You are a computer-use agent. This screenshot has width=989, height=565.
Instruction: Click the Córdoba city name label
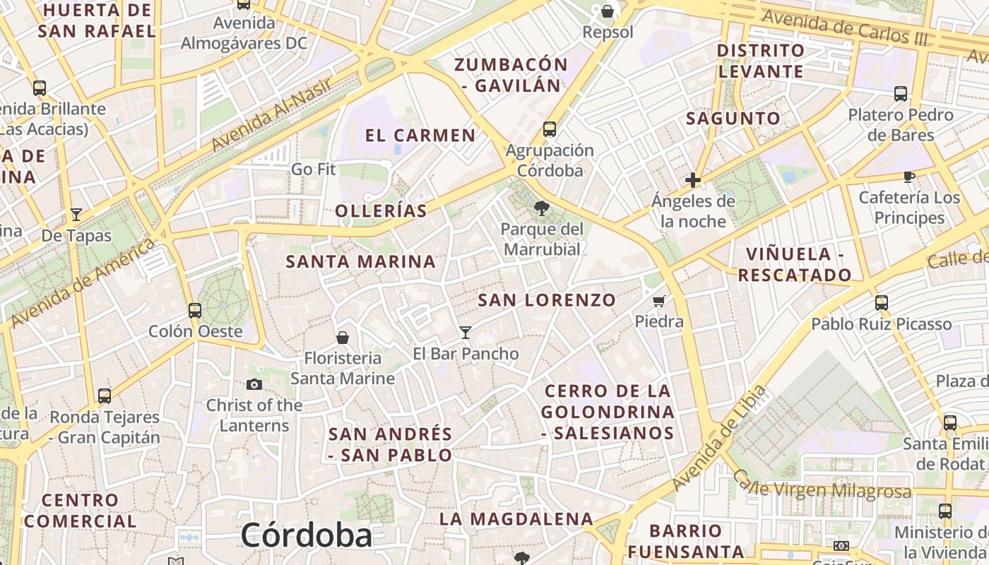tap(306, 535)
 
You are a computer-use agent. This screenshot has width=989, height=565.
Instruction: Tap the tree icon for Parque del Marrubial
tap(542, 208)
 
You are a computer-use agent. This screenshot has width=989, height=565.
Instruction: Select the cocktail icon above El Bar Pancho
tap(465, 332)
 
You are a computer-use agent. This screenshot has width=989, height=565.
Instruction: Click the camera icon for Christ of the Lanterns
tap(254, 384)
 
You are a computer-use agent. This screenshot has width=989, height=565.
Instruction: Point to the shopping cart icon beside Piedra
tap(659, 301)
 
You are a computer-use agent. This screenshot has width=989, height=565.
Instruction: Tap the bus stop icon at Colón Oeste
tap(194, 310)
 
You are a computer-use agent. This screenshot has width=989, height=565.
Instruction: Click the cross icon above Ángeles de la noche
tap(693, 180)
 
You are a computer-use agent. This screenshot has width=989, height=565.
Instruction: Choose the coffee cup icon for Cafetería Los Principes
tap(909, 177)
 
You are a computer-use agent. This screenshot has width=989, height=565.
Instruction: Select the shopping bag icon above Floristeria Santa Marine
tap(343, 338)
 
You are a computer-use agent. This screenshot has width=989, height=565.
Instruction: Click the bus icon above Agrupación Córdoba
tap(549, 129)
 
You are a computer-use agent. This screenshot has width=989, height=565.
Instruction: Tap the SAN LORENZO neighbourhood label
tap(547, 300)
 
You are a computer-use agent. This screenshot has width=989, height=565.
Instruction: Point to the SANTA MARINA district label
tap(360, 261)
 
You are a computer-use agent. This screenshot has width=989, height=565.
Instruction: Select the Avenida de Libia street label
tap(719, 439)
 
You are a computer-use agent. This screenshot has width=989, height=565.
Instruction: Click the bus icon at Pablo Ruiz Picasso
tap(881, 303)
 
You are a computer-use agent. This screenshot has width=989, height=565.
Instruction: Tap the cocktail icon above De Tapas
tap(76, 214)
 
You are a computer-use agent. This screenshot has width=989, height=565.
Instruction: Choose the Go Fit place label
tap(313, 169)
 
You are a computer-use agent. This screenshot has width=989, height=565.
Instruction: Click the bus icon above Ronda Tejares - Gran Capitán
tap(105, 396)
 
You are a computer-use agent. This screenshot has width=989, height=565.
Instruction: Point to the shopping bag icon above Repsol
tap(607, 11)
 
